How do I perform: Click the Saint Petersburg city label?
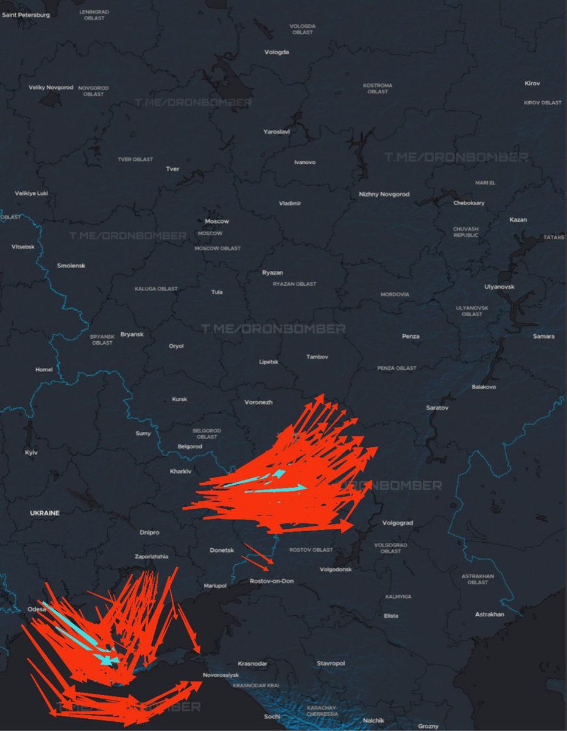point(26,15)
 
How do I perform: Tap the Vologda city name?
point(276,52)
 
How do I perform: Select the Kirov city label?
point(532,83)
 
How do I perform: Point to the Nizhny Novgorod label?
point(384,194)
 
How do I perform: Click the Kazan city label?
point(518,219)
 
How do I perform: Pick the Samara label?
point(543,336)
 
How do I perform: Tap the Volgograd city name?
point(398,523)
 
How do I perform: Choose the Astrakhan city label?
point(490,614)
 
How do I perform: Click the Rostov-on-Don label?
point(272,581)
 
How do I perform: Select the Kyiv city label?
point(31,453)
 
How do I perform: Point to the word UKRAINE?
point(45,513)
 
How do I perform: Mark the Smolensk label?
point(71,266)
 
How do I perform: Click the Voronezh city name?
point(258,402)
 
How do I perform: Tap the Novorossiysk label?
point(221,675)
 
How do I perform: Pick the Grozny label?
point(428,726)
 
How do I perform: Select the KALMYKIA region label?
point(398,596)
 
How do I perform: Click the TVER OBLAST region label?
point(135,160)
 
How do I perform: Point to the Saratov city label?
point(437,408)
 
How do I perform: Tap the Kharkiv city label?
point(180,471)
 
